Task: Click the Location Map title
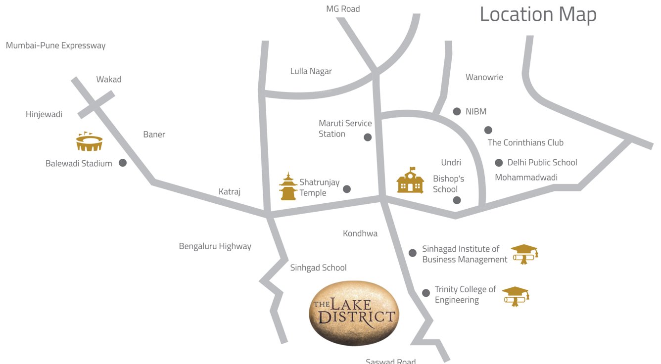point(538,14)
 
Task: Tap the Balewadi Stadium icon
point(89,142)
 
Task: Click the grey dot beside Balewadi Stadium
point(123,163)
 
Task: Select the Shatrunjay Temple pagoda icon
point(288,186)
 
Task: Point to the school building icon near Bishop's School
point(410,181)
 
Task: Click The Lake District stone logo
point(354,313)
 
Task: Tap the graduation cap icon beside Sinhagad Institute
point(524,254)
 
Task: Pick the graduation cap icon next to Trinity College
point(516,296)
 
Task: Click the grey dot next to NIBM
point(457,112)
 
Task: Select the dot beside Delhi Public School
point(498,163)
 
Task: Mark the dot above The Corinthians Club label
point(488,130)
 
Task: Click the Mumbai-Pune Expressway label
point(56,45)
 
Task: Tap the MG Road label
point(343,9)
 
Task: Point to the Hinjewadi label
point(44,115)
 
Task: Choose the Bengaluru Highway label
point(215,246)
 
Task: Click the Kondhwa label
point(360,233)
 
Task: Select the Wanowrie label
point(484,77)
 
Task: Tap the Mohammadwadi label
point(526,178)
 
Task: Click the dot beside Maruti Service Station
point(368,137)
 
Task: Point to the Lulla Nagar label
point(311,71)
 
